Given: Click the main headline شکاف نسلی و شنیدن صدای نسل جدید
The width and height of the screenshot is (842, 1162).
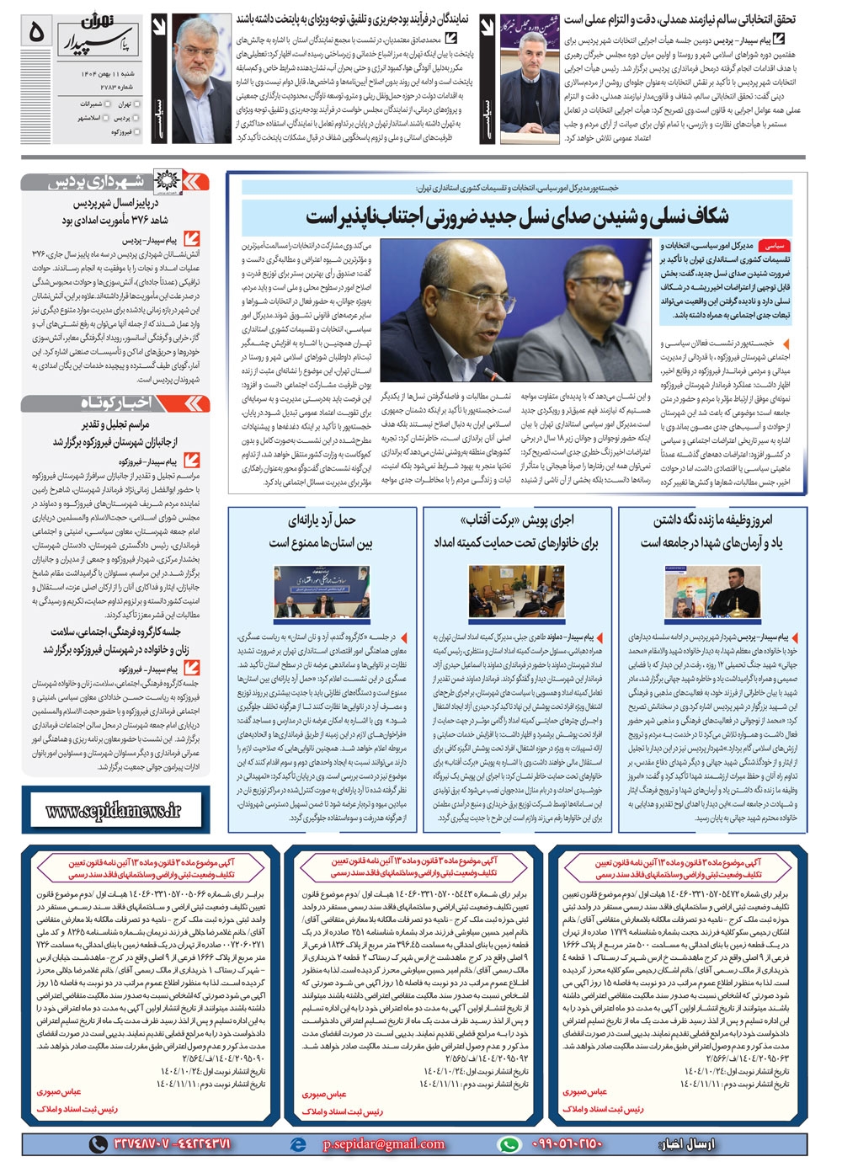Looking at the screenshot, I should click(517, 216).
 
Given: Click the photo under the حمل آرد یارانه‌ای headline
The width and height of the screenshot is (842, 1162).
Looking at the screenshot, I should click(322, 591).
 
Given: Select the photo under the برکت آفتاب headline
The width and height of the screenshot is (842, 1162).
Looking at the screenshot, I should click(516, 591).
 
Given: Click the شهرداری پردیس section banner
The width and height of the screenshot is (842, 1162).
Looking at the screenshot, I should click(115, 181).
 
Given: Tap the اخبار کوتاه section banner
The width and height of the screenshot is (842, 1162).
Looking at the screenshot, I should click(115, 403).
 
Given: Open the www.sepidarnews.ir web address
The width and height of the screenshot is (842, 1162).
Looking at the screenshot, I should click(114, 811).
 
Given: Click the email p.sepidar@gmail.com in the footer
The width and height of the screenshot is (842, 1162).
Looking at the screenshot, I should click(383, 1143).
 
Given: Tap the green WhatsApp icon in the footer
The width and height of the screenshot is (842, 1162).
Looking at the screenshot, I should click(509, 1143).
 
